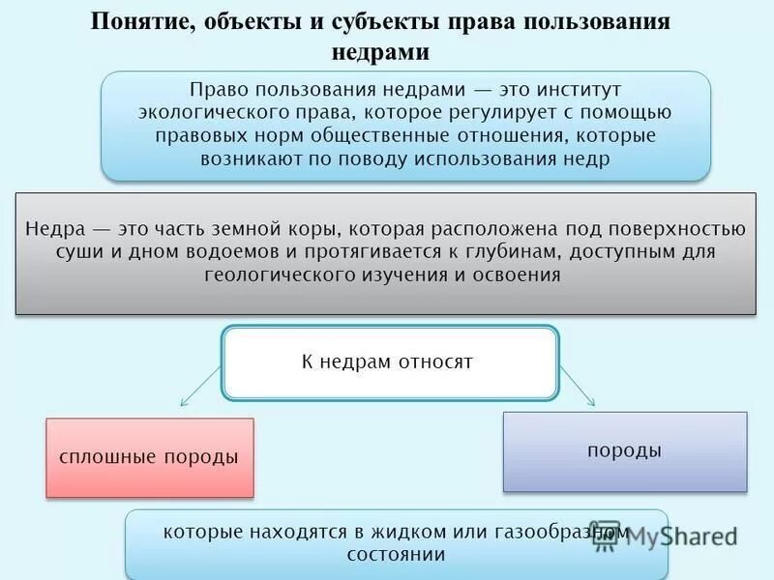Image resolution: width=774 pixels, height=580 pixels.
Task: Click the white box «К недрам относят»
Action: pyautogui.click(x=390, y=362)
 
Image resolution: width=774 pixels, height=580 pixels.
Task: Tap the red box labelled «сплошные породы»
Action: pyautogui.click(x=149, y=457)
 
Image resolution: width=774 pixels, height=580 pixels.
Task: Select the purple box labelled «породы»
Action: pyautogui.click(x=624, y=451)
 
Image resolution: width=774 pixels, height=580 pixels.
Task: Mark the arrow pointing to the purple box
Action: pyautogui.click(x=578, y=384)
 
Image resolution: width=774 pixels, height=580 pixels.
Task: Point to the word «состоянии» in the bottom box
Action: pyautogui.click(x=397, y=555)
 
